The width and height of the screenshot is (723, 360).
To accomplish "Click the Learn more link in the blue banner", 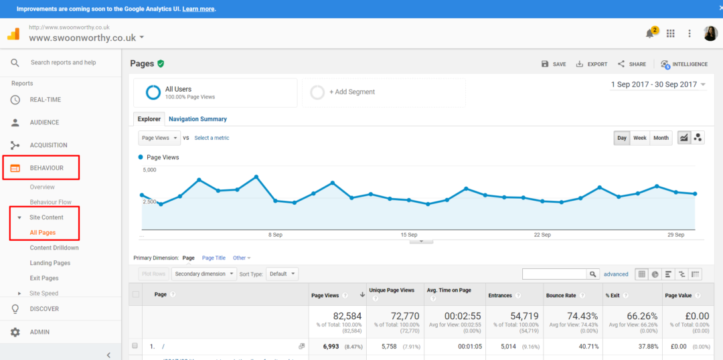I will (x=198, y=9).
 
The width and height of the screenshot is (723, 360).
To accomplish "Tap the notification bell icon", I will (x=649, y=33).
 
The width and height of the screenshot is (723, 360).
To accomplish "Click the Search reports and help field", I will (x=64, y=62).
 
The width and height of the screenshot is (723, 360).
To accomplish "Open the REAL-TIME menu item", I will (x=45, y=100).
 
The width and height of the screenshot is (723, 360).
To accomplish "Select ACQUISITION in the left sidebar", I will (x=48, y=145).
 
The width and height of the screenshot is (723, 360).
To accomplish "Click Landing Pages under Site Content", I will (x=50, y=263).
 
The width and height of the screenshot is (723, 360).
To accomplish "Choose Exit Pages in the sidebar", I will (x=44, y=278).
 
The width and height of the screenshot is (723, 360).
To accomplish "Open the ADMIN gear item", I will (x=39, y=332).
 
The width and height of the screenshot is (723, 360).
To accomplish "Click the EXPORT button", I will (x=592, y=64).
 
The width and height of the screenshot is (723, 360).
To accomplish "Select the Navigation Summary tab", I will (x=197, y=119).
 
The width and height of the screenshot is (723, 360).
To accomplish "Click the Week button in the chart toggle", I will (x=640, y=138).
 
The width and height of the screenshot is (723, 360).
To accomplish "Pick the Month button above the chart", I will (x=661, y=138).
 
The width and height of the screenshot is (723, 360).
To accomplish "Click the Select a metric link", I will (x=212, y=138).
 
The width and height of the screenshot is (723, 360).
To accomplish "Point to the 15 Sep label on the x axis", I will (x=408, y=235).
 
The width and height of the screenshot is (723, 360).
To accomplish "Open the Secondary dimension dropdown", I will (x=204, y=274).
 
